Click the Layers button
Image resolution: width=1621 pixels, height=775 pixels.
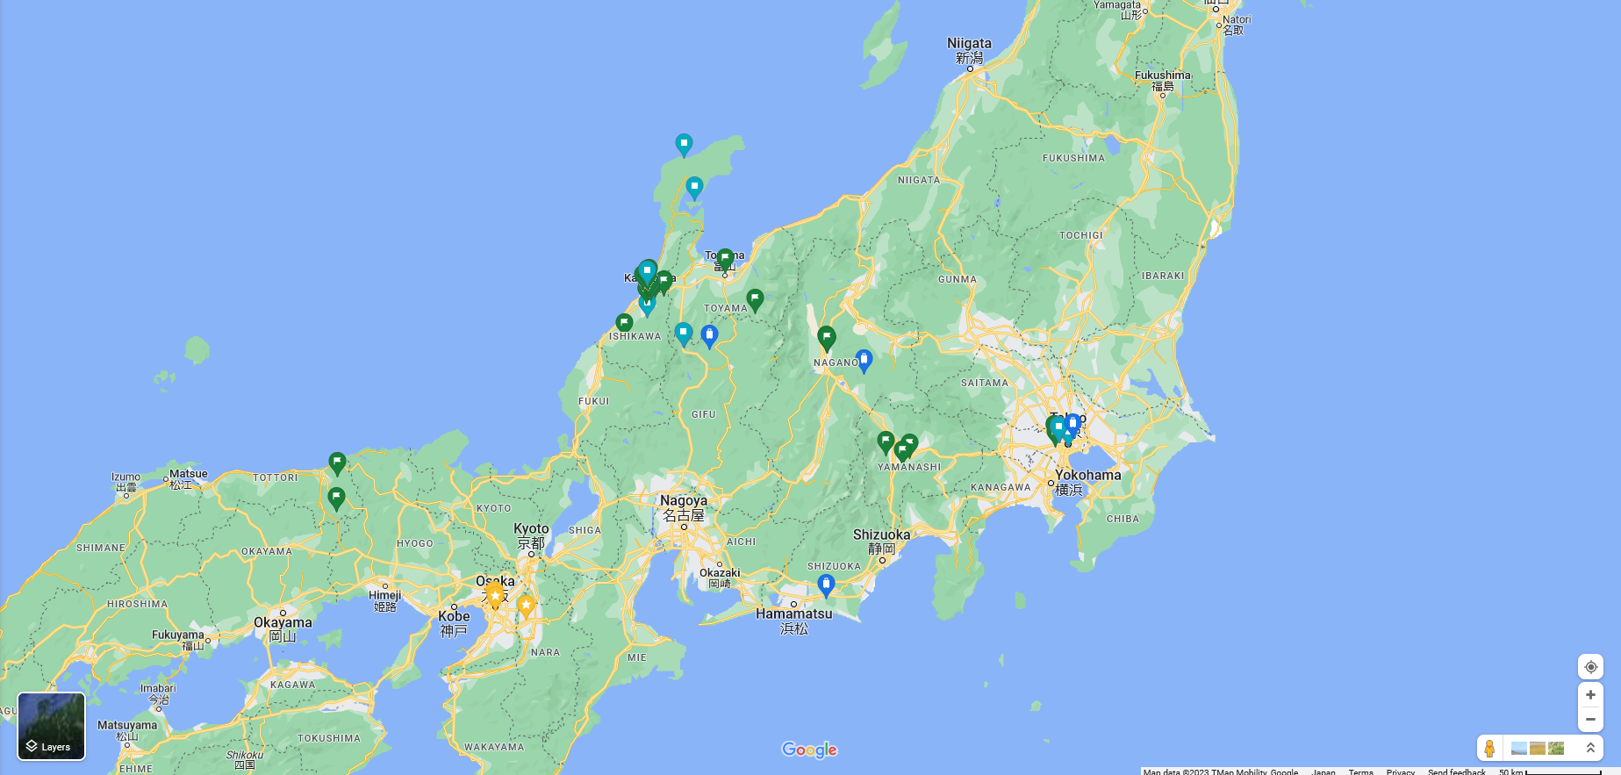[51, 726]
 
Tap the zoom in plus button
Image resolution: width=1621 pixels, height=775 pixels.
[1590, 695]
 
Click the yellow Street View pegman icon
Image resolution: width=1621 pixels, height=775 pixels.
[1489, 749]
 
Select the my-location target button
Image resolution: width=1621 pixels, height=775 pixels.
[1590, 667]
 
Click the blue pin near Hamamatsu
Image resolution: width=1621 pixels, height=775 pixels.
[826, 584]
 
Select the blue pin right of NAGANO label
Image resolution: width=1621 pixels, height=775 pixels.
[864, 359]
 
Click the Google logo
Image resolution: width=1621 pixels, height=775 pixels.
[809, 750]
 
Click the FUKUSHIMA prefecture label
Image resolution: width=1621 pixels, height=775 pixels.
[1073, 159]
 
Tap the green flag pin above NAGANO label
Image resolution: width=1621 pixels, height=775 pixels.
[826, 336]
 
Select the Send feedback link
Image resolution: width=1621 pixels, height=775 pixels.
[1456, 771]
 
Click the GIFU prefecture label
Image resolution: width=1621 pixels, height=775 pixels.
[703, 414]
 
